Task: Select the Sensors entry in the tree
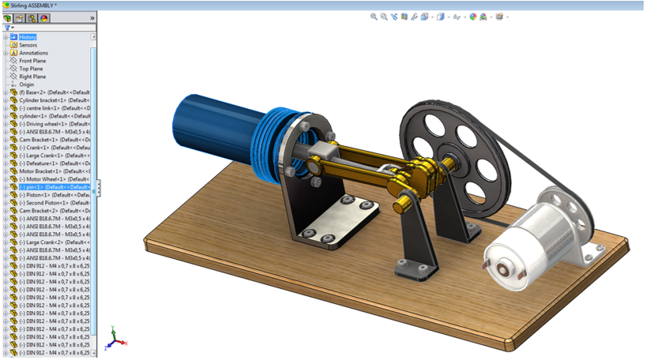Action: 28,45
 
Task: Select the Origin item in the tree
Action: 26,84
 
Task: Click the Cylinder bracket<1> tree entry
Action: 51,100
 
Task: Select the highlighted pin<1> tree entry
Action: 51,187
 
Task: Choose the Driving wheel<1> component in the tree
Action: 51,124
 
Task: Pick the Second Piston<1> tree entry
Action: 51,203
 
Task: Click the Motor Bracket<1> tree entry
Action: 51,171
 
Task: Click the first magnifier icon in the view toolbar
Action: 374,17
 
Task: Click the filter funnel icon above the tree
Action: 7,28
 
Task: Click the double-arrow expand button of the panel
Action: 92,17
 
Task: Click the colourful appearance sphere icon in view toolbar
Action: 473,17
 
